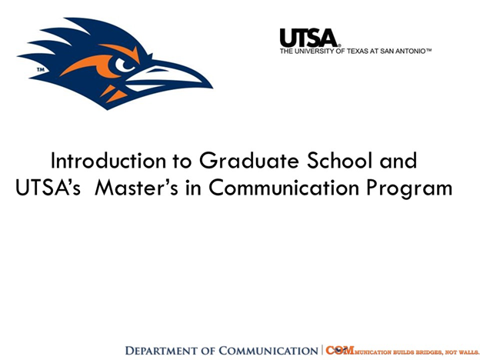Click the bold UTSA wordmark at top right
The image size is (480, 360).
coord(308,37)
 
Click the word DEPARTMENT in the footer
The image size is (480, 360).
coord(165,351)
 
